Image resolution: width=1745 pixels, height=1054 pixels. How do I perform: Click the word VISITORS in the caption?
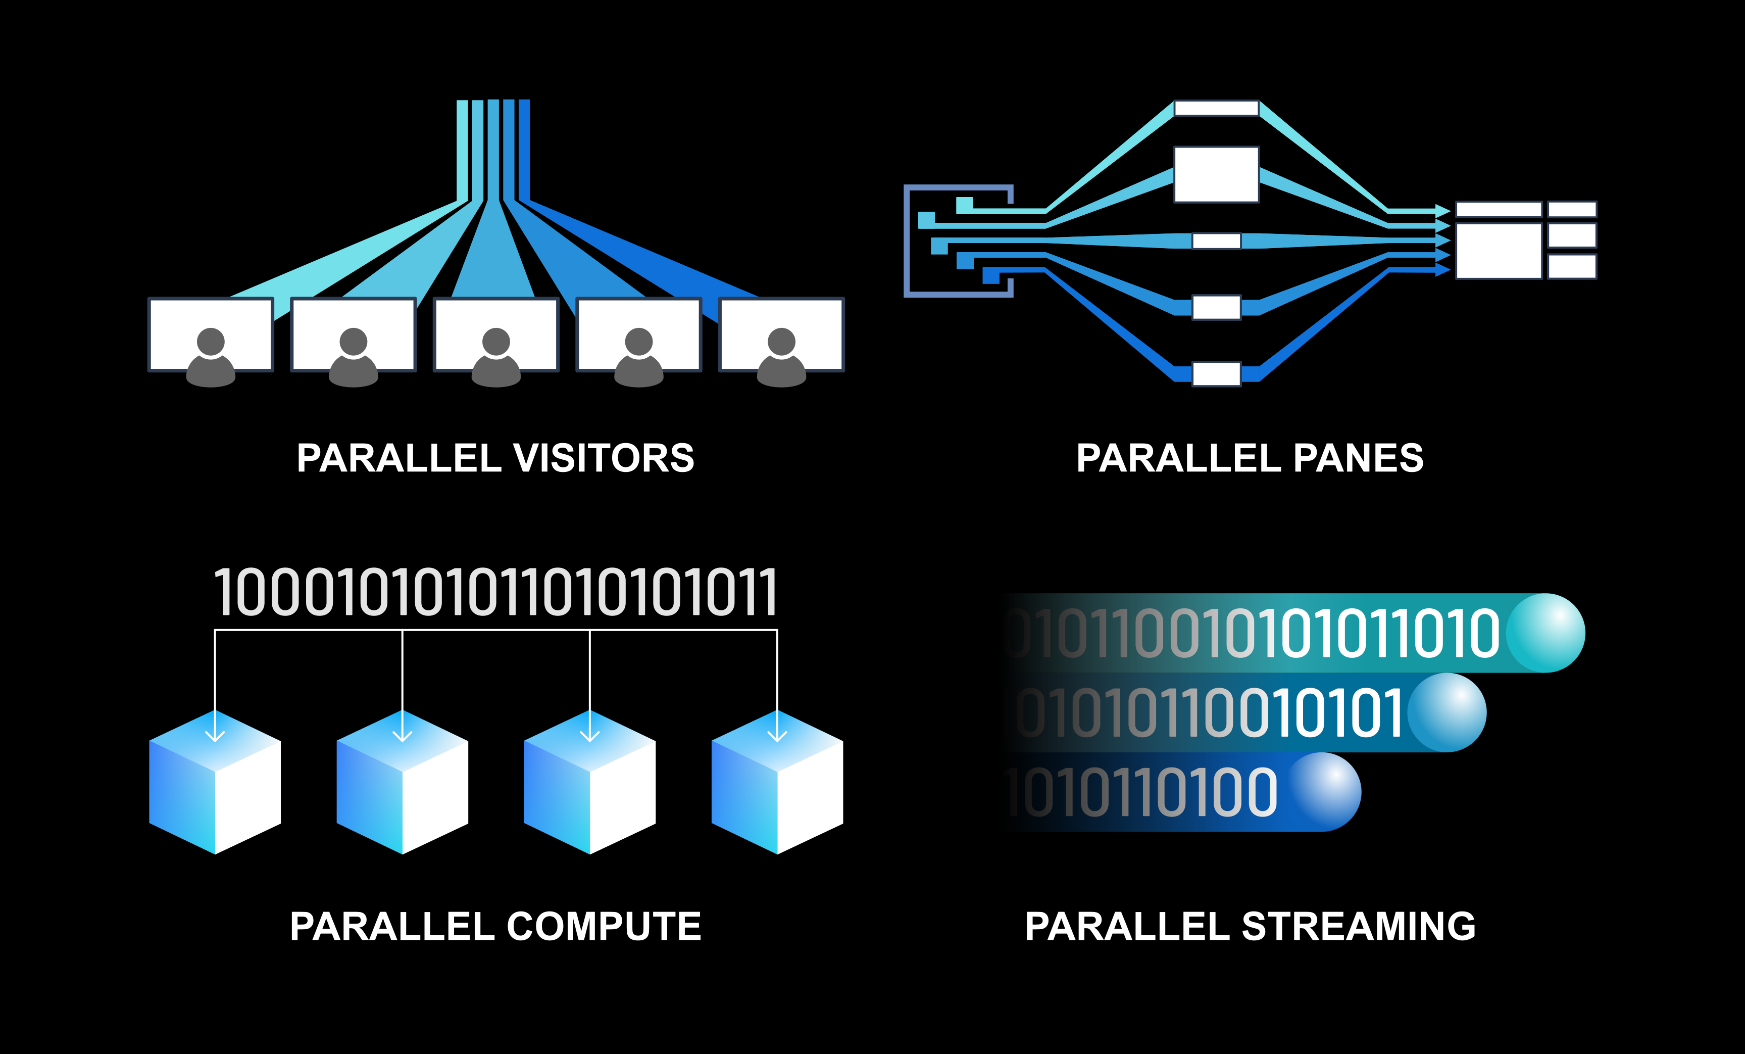pos(604,458)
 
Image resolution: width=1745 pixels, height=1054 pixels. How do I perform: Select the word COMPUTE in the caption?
pos(604,927)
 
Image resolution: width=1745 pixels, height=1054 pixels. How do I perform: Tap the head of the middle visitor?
pos(496,342)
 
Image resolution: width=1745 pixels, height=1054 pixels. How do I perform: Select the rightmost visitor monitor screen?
pos(781,319)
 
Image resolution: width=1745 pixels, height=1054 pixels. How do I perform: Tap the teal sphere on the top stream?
pos(1545,633)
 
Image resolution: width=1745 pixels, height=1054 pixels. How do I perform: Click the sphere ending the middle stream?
pos(1447,712)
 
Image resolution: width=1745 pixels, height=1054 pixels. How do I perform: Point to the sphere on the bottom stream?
pos(1321,792)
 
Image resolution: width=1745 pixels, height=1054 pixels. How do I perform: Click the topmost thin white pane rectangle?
pos(1216,108)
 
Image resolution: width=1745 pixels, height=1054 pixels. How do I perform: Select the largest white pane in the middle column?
pos(1216,174)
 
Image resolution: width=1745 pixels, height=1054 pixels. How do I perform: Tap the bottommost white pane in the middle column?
pos(1216,374)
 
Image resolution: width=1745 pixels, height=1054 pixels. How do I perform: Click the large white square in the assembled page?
pos(1499,251)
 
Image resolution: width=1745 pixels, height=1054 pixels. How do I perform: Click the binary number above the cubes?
pos(496,593)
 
